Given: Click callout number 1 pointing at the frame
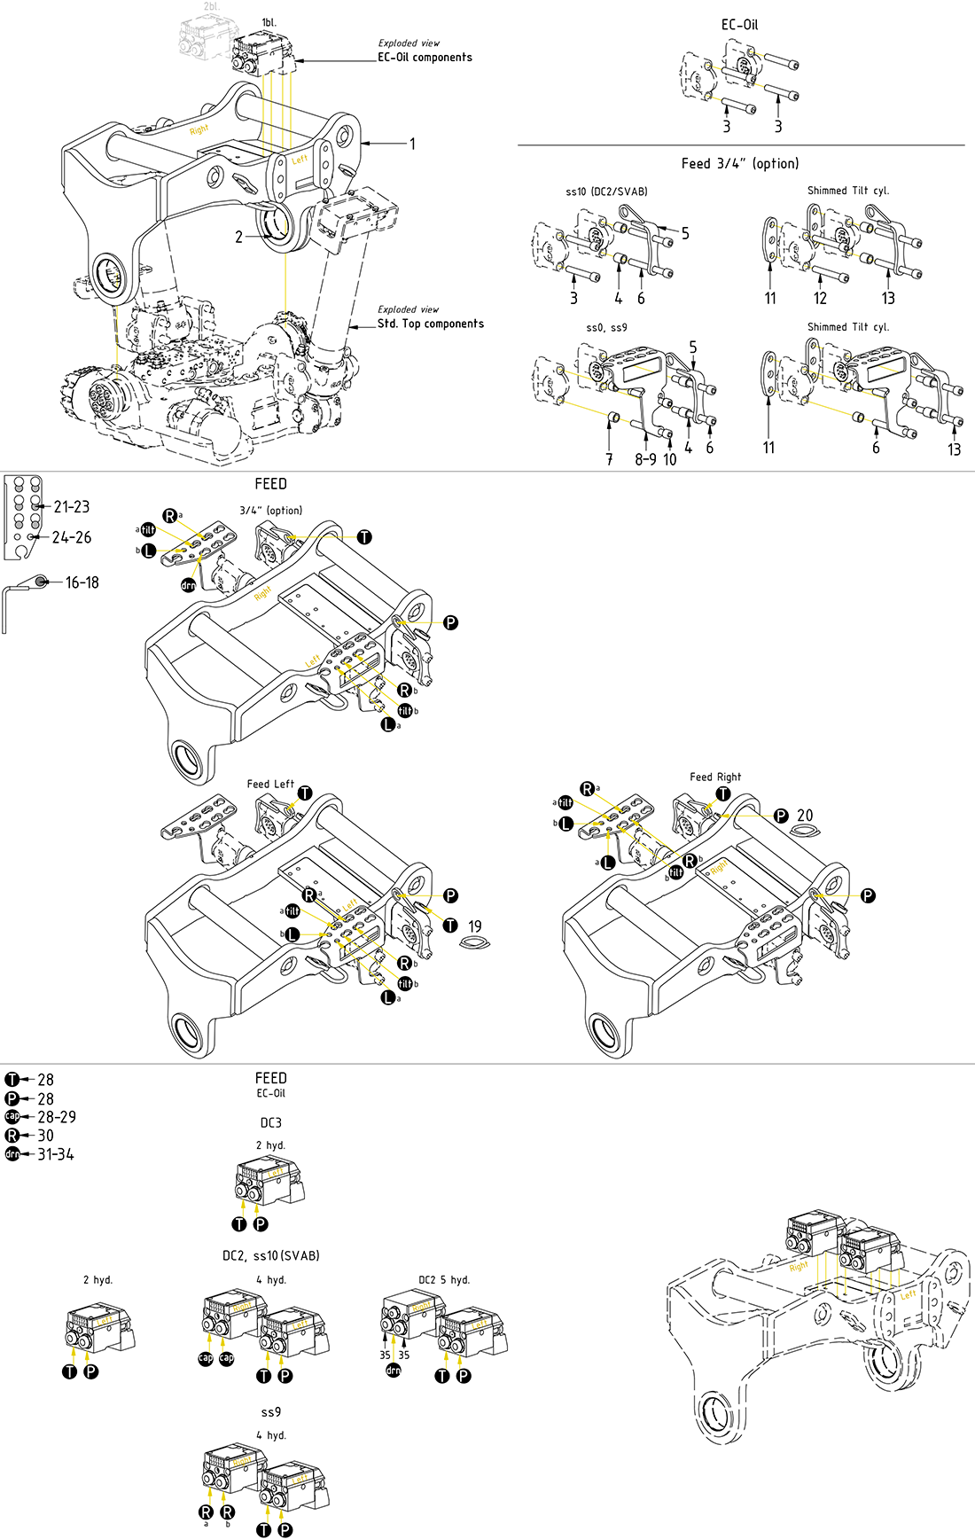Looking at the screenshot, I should point(412,144).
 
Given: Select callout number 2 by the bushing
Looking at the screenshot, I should point(238,237).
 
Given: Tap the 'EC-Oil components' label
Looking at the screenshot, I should point(425,57).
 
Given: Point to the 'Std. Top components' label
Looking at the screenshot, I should point(431,324).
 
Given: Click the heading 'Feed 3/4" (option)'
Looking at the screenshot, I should point(740,163).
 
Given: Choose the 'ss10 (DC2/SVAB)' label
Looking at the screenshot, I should point(606,191).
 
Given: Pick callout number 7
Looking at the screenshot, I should point(609,459).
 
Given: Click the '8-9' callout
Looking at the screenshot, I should point(645,459).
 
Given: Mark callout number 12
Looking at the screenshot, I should point(820,299).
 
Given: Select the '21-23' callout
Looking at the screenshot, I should point(72,507).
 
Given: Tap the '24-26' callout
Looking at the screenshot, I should point(72,537).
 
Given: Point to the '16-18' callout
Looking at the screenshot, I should point(82,582).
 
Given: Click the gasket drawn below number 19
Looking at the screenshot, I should point(475,941).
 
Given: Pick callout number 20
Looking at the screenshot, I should point(805,816).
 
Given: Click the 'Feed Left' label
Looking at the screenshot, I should point(270,784).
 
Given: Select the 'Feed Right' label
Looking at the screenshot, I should point(715,777).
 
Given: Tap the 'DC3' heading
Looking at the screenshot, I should point(271,1122).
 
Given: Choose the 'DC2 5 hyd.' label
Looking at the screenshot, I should point(444,1279).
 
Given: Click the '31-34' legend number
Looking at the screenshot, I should point(56,1154).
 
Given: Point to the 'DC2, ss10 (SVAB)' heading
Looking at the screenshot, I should point(271,1255).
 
